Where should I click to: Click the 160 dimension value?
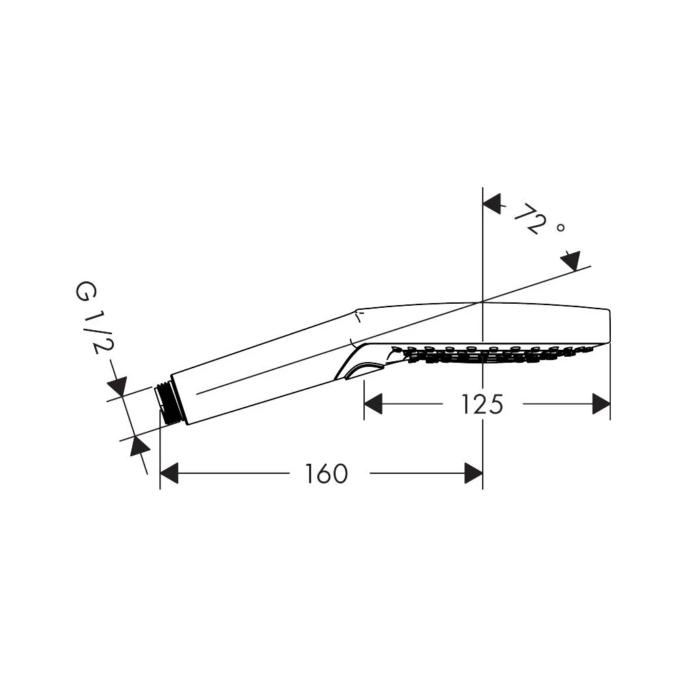327,473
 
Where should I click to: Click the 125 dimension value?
482,404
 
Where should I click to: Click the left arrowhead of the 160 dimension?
169,473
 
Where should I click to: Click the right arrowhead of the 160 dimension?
473,473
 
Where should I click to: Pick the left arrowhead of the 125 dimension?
373,404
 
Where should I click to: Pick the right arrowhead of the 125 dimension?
601,404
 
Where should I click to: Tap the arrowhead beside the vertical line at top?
492,203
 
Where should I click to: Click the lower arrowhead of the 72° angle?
570,261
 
